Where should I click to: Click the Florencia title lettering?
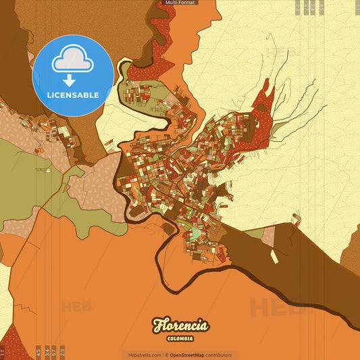(x=180, y=325)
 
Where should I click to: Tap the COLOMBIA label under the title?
(x=180, y=338)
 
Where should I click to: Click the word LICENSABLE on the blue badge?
(x=73, y=95)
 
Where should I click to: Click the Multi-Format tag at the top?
(x=179, y=3)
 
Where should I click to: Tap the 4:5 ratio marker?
(x=38, y=351)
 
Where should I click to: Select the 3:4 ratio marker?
(x=47, y=351)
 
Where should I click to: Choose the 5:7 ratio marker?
(x=54, y=351)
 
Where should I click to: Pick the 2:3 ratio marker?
(x=63, y=351)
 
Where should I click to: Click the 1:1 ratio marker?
(x=3, y=352)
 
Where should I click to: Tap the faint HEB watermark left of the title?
(x=78, y=307)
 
